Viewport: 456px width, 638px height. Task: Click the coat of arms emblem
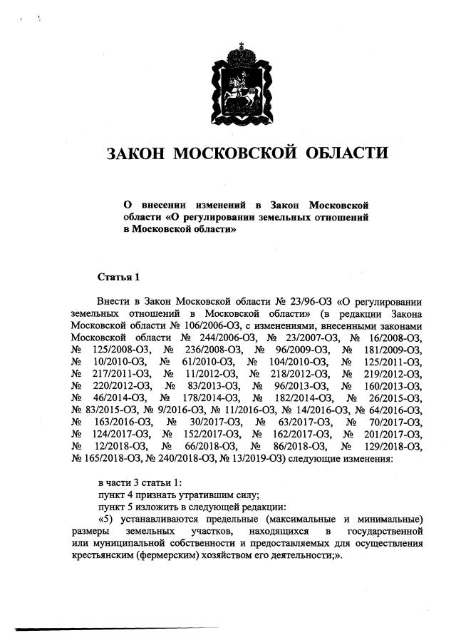238,85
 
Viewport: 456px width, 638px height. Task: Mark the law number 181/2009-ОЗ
390,348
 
